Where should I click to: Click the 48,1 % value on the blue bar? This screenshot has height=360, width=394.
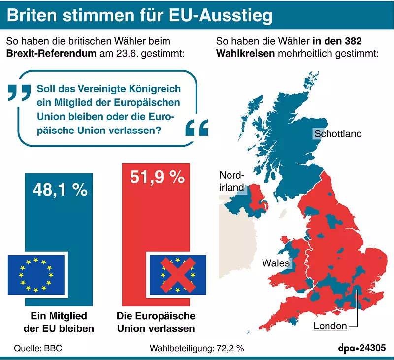tap(60, 189)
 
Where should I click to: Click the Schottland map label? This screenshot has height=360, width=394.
tap(337, 133)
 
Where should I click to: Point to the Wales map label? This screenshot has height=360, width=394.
tap(276, 263)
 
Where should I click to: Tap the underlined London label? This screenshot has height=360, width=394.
tap(330, 325)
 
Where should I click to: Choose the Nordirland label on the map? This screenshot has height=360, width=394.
tap(231, 181)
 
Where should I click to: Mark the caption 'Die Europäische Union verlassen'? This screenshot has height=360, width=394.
tap(156, 322)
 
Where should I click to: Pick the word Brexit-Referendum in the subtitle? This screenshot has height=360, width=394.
tap(51, 53)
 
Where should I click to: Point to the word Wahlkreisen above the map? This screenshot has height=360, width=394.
tap(245, 53)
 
